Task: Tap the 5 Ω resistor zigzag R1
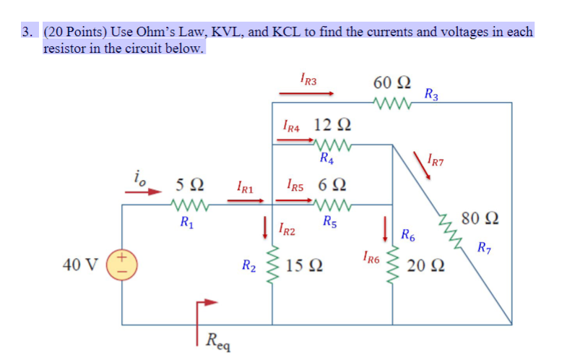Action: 190,205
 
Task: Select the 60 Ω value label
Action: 392,83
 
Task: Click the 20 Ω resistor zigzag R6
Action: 393,265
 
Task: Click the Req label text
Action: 217,338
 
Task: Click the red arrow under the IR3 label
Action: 307,93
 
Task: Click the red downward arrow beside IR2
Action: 266,225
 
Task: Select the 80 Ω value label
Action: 483,218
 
